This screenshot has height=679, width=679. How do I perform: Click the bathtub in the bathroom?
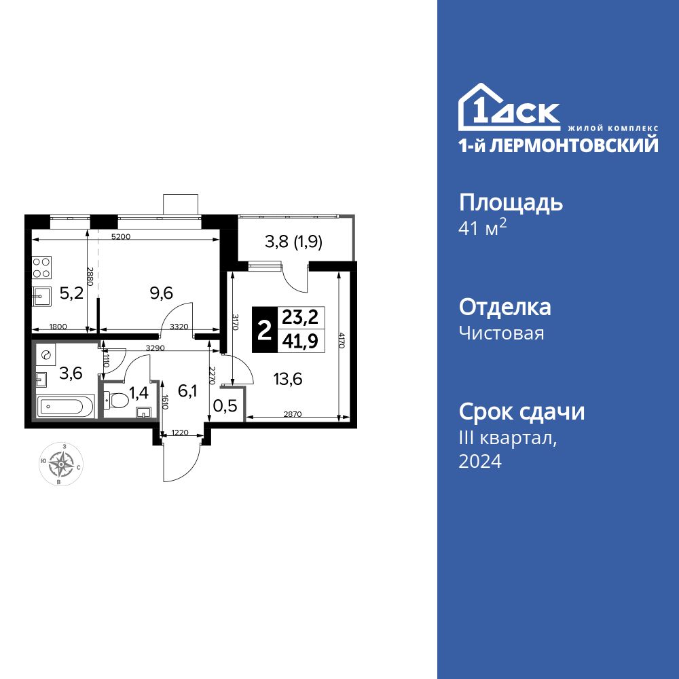pos(62,407)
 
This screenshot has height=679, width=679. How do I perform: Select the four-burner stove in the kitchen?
pos(42,266)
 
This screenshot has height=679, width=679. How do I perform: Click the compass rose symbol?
pos(62,464)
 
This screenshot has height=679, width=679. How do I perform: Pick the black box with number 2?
pos(264,330)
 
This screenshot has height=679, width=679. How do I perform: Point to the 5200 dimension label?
pos(121,237)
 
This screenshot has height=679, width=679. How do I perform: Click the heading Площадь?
pos(511,202)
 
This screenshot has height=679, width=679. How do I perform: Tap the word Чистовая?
pos(501,333)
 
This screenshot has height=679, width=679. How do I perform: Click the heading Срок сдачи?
pos(521,411)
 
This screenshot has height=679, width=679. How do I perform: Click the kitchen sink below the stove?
pos(42,296)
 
